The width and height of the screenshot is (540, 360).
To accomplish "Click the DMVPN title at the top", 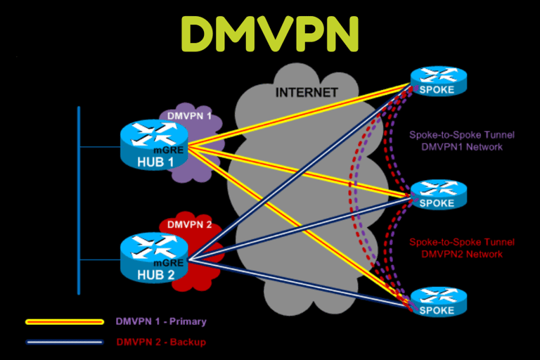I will coord(270,32).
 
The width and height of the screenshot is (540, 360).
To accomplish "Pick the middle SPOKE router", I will coord(438,193).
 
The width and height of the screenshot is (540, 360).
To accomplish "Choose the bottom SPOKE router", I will coord(438,300).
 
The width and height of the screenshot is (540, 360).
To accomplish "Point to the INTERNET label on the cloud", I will coord(307,92).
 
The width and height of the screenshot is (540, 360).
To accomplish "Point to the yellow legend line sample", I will coord(64,321).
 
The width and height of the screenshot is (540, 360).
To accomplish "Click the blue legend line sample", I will coord(64,342).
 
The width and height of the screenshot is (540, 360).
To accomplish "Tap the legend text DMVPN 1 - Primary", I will coord(162,321).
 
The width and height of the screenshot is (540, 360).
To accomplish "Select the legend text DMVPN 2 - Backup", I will coord(161,342).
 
